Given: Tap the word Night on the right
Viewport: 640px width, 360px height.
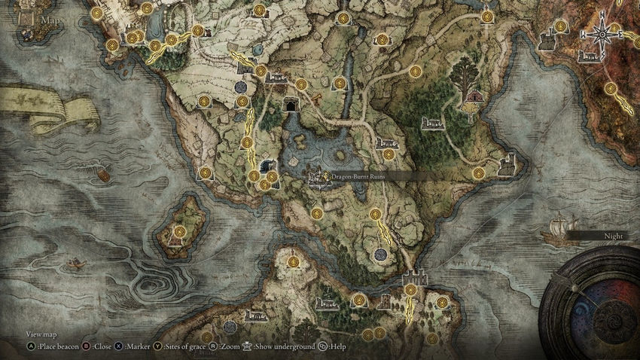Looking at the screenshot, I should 614,235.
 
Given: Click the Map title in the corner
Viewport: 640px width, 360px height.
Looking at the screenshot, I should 50,20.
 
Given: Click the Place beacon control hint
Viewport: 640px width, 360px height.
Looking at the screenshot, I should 56,346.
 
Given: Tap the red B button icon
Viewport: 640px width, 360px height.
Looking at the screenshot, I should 86,346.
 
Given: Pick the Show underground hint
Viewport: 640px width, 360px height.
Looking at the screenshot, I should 280,346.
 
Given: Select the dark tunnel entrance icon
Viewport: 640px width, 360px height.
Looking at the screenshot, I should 289,105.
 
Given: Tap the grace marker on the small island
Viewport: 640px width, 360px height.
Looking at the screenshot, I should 180,231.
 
